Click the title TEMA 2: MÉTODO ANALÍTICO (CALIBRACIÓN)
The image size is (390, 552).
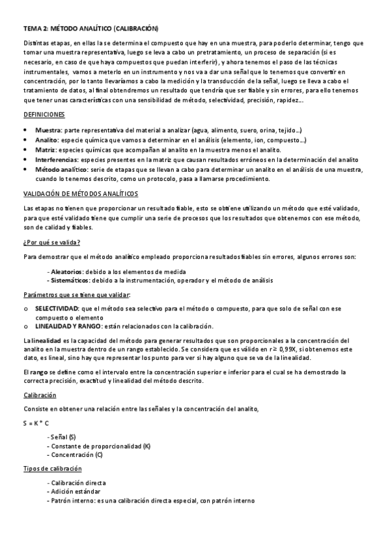[x=91, y=29]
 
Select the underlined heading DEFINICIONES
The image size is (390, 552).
[x=44, y=114]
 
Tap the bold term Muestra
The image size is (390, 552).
[x=48, y=130]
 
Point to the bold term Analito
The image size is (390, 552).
[x=46, y=140]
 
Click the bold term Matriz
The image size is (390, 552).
[x=44, y=150]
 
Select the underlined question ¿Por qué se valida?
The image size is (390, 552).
[x=51, y=242]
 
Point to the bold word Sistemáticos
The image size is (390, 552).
[x=70, y=280]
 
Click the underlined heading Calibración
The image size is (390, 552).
[x=40, y=395]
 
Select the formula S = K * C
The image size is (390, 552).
[x=36, y=422]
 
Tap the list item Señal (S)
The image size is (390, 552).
[x=63, y=436]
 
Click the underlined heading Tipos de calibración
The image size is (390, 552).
[x=53, y=469]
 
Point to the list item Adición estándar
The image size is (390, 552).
[x=75, y=491]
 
